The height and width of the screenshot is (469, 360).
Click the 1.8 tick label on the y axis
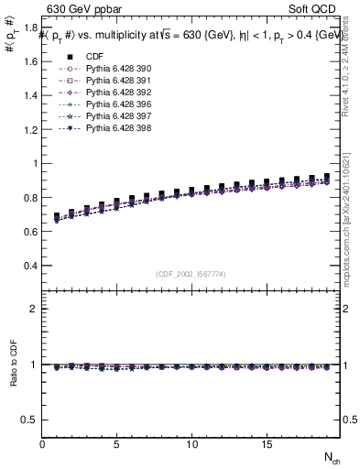click(30, 28)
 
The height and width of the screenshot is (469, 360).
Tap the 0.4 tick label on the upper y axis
click(30, 266)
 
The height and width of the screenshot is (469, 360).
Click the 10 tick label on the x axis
click(191, 444)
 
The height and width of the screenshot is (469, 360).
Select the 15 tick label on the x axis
click(266, 444)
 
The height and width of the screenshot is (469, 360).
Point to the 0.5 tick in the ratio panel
click(30, 420)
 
